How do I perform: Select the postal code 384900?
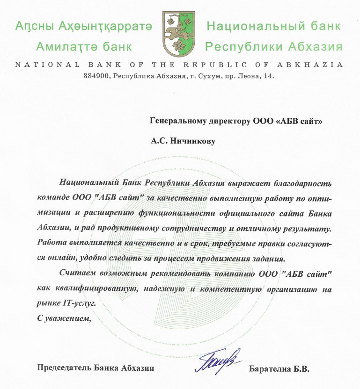[x=96, y=76]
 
